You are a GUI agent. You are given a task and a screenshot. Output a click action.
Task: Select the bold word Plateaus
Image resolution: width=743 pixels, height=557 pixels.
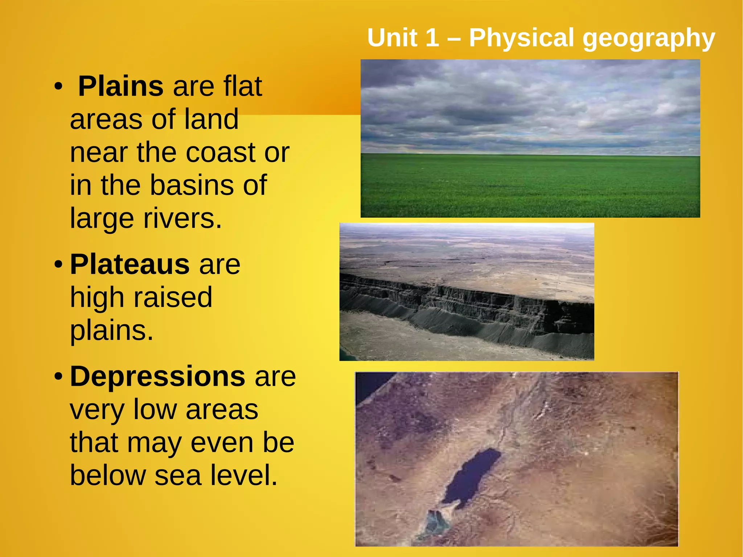pos(130,264)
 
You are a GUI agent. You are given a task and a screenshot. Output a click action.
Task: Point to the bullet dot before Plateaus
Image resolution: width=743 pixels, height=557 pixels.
pos(58,264)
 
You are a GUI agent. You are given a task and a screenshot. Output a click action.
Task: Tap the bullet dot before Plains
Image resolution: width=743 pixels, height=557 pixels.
pos(58,87)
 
